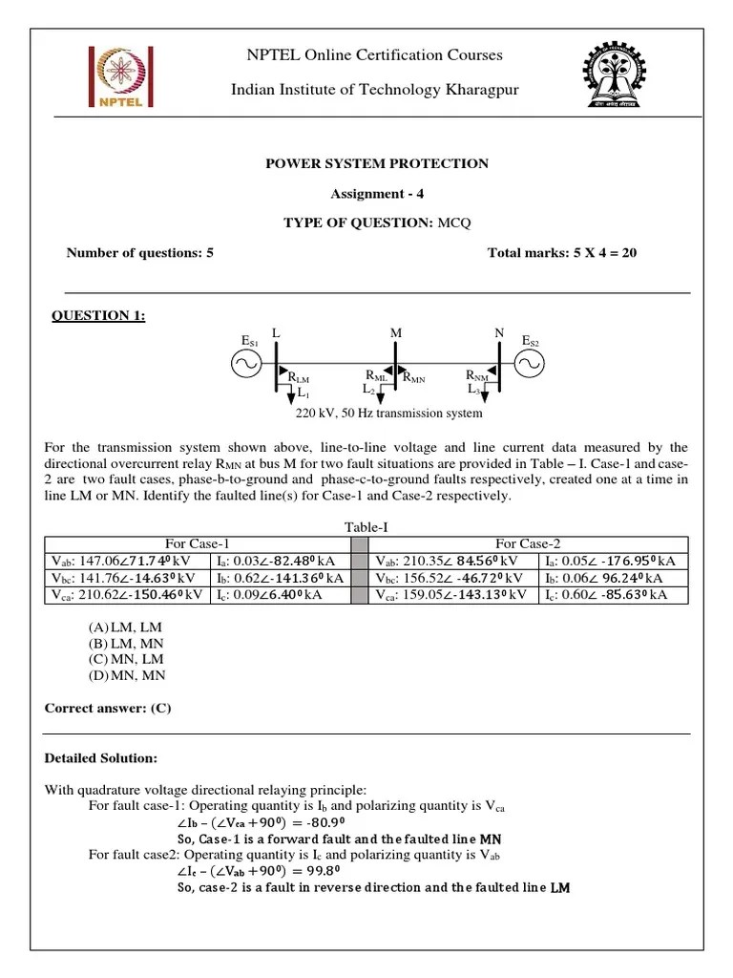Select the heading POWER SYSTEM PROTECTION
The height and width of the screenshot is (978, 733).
(x=376, y=163)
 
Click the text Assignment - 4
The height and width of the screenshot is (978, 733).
(x=376, y=194)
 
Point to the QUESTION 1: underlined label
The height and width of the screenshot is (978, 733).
(x=98, y=316)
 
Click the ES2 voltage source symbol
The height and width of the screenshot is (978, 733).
(x=529, y=364)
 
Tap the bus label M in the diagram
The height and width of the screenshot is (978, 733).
(x=396, y=332)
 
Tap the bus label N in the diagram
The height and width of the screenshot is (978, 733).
(x=498, y=332)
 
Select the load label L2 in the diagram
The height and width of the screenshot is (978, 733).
(x=368, y=390)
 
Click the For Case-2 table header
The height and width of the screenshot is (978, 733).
(x=527, y=543)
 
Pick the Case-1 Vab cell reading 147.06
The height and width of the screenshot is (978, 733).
(x=125, y=561)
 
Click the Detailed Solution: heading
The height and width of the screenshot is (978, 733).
(x=101, y=758)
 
